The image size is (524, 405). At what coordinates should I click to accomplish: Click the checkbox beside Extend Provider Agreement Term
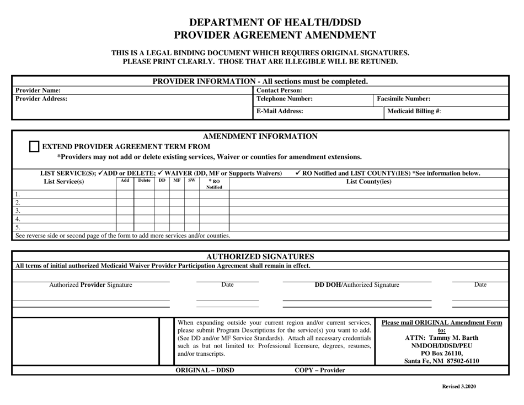point(34,146)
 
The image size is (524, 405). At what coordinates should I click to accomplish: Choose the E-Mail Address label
point(280,111)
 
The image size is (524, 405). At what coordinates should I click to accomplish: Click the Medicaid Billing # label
point(415,111)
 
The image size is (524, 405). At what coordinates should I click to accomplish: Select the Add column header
point(125,180)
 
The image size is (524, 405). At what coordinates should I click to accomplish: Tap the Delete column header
point(143,180)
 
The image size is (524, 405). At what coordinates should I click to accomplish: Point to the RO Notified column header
point(213,184)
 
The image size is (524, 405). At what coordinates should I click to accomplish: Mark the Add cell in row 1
point(125,194)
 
